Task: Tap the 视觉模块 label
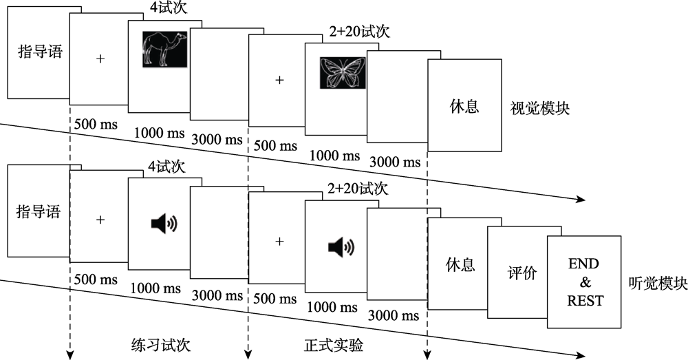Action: coord(539,108)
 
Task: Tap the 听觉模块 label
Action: coord(658,283)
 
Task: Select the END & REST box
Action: coord(584,282)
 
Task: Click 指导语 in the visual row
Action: coord(39,51)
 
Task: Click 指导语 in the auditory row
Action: coord(39,212)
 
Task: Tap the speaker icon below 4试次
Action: coord(164,223)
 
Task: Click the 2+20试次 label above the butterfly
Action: coord(358,31)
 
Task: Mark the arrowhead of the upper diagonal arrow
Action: coord(581,200)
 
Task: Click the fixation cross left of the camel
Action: coord(100,59)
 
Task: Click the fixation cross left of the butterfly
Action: coord(279,80)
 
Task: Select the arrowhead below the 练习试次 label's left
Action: coord(69,354)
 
